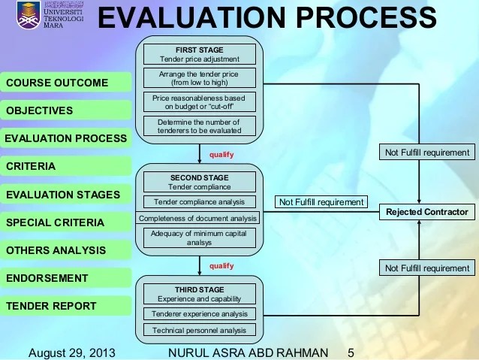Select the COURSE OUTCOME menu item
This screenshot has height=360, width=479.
point(57,83)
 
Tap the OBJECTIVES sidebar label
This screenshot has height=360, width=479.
point(40,110)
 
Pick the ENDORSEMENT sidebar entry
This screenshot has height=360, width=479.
point(47,278)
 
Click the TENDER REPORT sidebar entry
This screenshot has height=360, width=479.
point(51,306)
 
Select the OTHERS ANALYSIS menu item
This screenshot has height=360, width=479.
point(56,250)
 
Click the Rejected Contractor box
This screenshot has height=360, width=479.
point(426,212)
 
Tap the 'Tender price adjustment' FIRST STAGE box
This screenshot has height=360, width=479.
point(199,54)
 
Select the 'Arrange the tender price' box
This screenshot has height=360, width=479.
point(199,78)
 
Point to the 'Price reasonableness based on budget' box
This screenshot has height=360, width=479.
point(199,101)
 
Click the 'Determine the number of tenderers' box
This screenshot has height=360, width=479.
point(199,126)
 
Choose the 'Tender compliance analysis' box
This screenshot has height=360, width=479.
point(199,201)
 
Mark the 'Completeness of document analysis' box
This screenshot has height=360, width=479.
point(197,218)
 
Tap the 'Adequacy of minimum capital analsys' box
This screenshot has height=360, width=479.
point(199,237)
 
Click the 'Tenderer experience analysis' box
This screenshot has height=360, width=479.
point(199,313)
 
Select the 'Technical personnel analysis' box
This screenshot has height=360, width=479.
point(199,330)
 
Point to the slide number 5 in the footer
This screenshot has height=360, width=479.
point(351,352)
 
